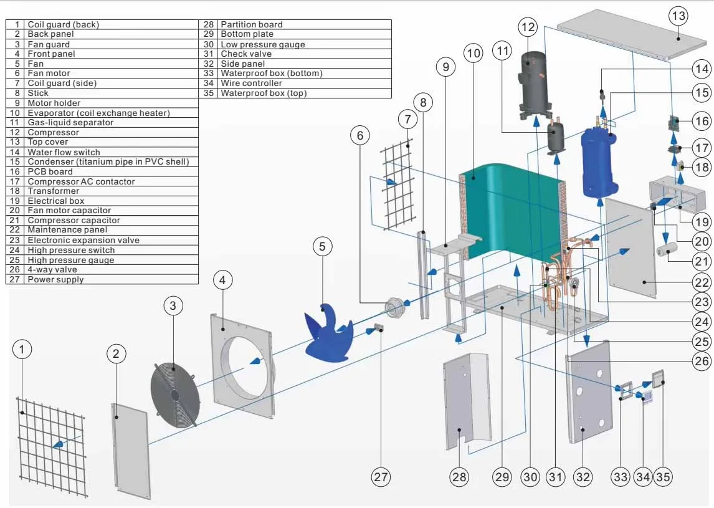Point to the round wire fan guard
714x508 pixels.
(175, 395)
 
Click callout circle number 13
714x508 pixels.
(678, 16)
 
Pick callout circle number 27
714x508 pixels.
(381, 477)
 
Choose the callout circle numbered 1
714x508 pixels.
(22, 350)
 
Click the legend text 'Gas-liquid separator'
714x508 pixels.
(70, 123)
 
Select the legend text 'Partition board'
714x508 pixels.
(251, 24)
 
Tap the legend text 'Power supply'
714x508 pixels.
(55, 279)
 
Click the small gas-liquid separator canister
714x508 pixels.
(556, 137)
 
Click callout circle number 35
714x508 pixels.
(663, 477)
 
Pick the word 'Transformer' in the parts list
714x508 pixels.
(54, 191)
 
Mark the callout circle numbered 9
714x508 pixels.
(446, 67)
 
